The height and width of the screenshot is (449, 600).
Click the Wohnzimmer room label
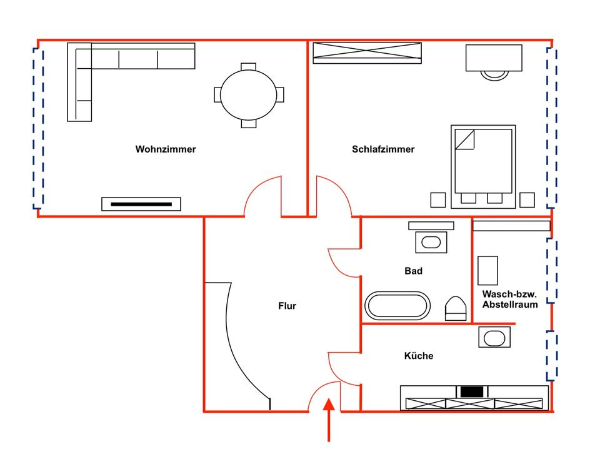166,149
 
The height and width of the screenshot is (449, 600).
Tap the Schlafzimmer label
383,149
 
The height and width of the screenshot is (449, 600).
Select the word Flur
287,306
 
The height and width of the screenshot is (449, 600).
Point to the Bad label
413,271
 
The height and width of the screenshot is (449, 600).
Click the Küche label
419,356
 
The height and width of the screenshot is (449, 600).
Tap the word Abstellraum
510,305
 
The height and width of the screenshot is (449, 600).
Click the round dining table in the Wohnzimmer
249,95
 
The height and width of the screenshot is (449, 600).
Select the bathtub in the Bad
397,306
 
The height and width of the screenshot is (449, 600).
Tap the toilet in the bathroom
456,308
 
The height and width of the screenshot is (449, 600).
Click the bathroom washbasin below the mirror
431,242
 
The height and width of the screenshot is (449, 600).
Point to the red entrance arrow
329,420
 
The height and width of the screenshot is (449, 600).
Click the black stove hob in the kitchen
472,391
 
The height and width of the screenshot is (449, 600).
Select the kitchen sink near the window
494,337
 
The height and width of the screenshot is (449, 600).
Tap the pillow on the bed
464,139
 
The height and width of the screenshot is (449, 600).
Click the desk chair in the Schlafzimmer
494,76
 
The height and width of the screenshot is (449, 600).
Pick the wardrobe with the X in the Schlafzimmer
367,53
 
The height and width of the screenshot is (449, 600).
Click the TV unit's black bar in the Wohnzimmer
141,204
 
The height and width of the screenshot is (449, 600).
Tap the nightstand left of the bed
438,200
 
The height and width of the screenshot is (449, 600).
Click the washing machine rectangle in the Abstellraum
488,271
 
